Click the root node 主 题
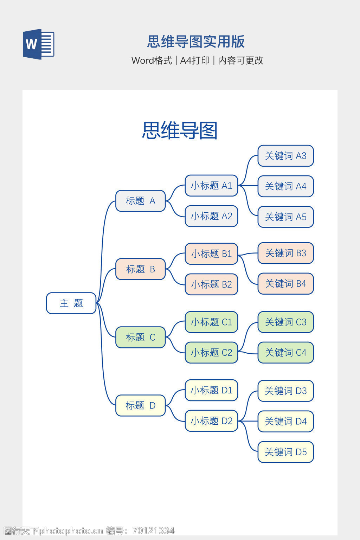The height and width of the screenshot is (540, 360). [71, 303]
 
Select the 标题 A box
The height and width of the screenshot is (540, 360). [140, 201]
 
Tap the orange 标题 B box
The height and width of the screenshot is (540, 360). [140, 269]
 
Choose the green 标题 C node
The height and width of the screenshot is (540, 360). [140, 337]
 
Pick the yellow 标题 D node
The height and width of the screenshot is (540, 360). [140, 406]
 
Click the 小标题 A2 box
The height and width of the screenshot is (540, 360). [211, 216]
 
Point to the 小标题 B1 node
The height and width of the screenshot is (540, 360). [211, 253]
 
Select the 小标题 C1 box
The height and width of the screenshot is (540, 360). [211, 322]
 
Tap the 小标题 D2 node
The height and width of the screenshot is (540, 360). [211, 421]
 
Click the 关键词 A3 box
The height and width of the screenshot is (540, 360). [285, 156]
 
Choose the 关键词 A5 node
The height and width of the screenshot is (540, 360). [285, 217]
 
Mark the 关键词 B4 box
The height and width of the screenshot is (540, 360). [285, 284]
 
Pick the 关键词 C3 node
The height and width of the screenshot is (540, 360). [285, 322]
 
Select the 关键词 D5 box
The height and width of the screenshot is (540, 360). [285, 452]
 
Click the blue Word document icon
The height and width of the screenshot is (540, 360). [38, 44]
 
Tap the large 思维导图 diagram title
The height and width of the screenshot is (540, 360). [180, 130]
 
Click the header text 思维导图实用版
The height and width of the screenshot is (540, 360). [195, 41]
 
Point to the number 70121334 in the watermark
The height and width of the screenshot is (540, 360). [153, 531]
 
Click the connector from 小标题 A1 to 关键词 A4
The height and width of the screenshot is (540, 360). [248, 186]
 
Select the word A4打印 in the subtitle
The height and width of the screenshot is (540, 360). [195, 60]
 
